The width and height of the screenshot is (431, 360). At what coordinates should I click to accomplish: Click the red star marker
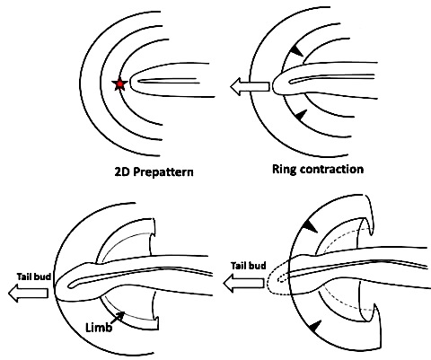[119, 84]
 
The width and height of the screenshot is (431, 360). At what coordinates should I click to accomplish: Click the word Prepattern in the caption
[163, 172]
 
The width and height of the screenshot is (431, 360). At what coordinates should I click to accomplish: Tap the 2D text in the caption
[122, 171]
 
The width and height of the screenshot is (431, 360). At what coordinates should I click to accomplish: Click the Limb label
[99, 328]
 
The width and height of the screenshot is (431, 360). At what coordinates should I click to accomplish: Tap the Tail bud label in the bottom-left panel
[33, 277]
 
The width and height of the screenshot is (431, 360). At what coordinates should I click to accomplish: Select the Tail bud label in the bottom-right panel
[249, 266]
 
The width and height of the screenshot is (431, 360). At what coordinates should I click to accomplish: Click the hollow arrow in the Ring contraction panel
[250, 87]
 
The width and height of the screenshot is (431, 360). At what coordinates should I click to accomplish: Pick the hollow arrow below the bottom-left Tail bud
[28, 293]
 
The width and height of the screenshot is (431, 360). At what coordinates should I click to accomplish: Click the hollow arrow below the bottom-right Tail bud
[244, 283]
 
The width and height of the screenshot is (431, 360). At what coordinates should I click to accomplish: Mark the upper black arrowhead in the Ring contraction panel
[296, 50]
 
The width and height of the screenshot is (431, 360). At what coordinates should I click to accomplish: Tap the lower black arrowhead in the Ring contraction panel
[301, 116]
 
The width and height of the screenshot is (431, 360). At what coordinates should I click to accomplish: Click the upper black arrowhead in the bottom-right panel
[310, 226]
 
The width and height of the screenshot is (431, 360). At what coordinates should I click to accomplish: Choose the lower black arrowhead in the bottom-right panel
[314, 326]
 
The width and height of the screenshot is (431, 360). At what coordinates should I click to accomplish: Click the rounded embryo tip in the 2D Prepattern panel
[132, 80]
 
